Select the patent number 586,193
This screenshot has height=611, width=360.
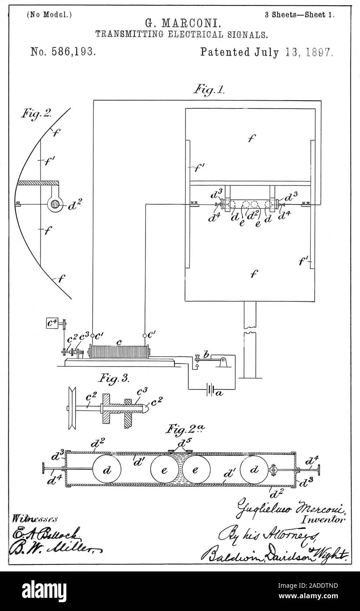click(63, 52)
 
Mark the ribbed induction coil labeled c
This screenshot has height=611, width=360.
click(119, 352)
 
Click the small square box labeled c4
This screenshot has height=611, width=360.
click(52, 323)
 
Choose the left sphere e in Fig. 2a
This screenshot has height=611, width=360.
click(164, 470)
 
